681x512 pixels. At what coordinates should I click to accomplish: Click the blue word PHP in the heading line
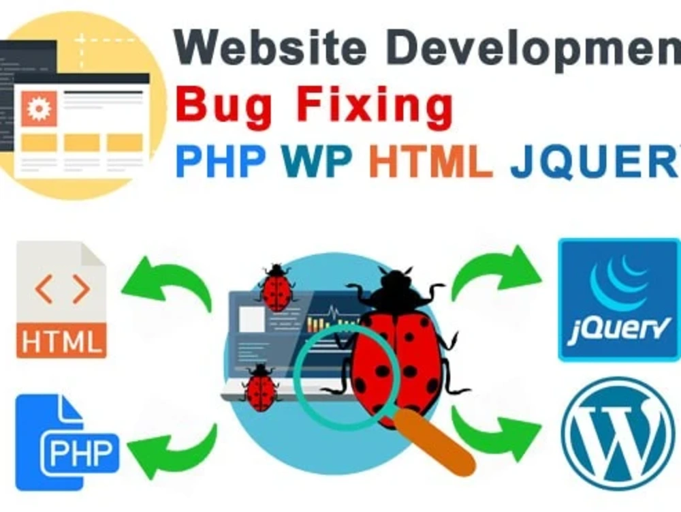(220, 162)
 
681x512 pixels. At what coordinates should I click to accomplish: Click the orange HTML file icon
(61, 299)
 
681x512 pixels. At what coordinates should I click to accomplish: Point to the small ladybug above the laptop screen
(276, 287)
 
